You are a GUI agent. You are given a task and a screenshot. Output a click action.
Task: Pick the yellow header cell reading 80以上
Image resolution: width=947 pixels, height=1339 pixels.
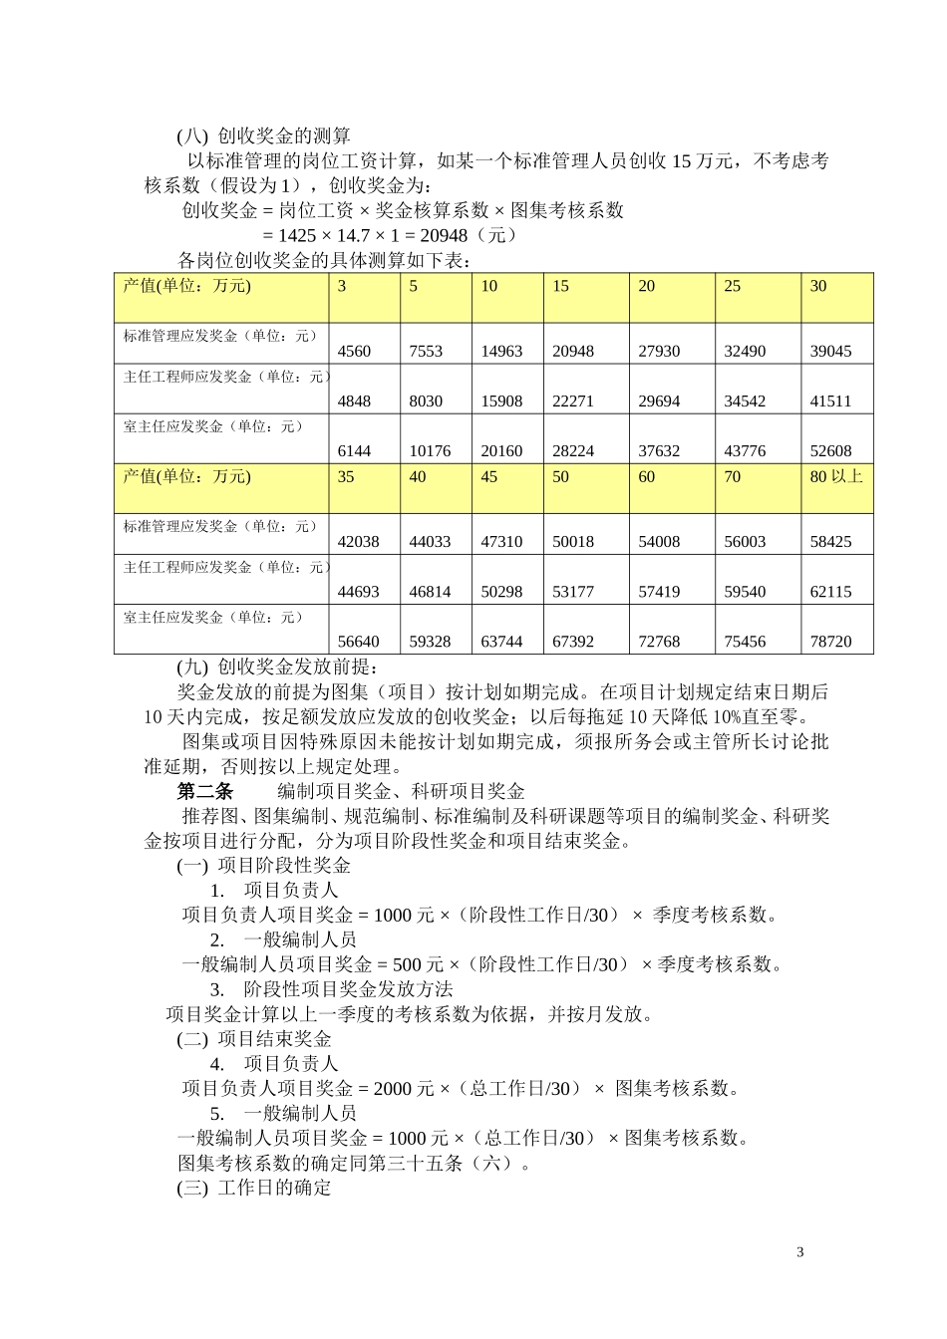pos(836,488)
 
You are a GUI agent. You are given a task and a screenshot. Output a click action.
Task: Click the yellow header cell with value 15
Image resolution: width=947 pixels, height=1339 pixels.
pos(586,298)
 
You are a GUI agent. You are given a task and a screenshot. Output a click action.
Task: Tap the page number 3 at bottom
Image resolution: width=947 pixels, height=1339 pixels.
pos(800,1252)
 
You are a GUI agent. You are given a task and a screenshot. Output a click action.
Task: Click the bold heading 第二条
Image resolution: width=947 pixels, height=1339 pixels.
pos(204,791)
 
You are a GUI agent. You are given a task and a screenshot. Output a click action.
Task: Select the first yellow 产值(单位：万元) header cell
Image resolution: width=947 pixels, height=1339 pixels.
pos(221,298)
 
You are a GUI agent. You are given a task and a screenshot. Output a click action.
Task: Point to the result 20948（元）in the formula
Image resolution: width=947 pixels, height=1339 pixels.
pos(469,235)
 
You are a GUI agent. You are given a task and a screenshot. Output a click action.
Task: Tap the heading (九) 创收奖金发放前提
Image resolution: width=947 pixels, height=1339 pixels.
pos(278,667)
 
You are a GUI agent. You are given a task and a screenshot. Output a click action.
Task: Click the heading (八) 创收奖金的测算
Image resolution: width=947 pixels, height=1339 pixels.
pos(264,135)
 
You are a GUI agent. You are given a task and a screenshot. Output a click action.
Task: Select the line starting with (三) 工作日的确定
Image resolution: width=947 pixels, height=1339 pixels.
pos(254,1188)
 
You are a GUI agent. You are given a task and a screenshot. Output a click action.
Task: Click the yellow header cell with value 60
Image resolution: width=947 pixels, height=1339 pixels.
pos(672,488)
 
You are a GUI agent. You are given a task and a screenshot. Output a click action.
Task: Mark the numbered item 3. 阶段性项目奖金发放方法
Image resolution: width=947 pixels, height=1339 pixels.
pos(331,989)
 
